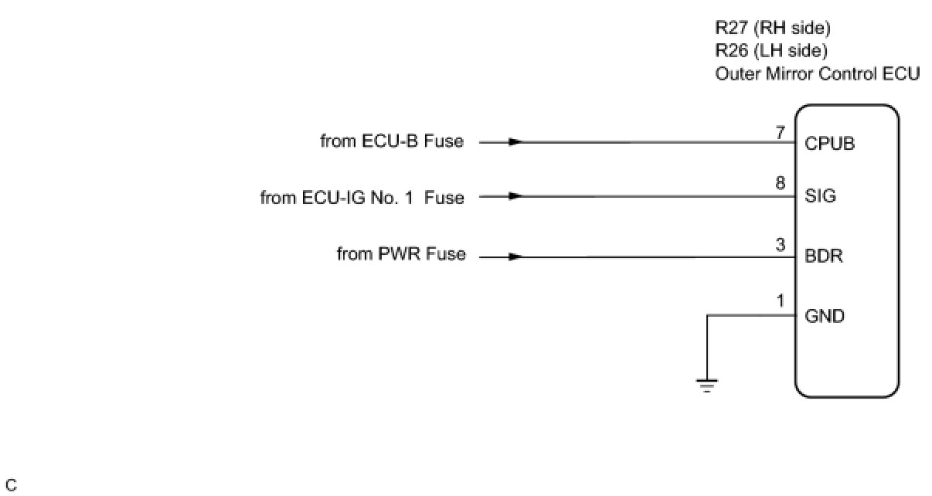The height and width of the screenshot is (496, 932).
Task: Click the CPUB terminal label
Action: [x=829, y=144]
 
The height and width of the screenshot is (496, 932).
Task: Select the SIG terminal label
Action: [x=820, y=196]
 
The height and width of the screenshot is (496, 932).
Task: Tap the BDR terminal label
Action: [x=823, y=256]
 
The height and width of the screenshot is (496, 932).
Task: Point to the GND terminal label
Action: [x=825, y=316]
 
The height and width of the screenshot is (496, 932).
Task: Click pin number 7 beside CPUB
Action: [x=781, y=133]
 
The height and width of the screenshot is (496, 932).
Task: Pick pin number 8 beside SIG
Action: [x=781, y=184]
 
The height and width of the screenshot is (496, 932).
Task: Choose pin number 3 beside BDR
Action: [x=781, y=245]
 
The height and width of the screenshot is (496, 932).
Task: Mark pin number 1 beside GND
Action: [x=781, y=302]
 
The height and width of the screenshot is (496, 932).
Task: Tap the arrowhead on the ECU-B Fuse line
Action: [x=516, y=142]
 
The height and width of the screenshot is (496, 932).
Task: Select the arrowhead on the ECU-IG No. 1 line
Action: [x=516, y=196]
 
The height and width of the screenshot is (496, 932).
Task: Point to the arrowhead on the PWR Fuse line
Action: [x=516, y=256]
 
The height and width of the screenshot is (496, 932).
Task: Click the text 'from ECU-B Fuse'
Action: [x=392, y=141]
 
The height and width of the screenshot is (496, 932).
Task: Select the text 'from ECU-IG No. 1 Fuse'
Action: [x=362, y=198]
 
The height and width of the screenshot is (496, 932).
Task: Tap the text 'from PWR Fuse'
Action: [x=401, y=254]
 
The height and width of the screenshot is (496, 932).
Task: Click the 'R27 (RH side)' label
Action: [x=772, y=29]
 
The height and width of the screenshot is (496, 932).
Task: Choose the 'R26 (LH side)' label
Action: [x=770, y=51]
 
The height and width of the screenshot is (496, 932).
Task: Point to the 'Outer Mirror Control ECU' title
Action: [x=817, y=74]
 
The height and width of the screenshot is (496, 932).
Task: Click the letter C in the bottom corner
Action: [x=10, y=486]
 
